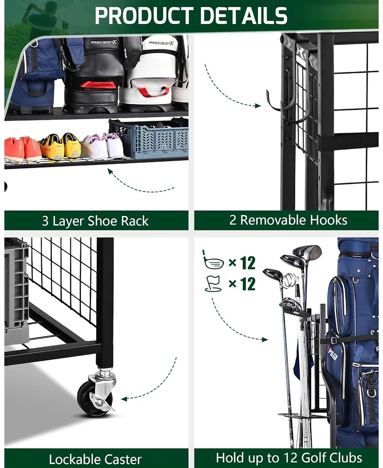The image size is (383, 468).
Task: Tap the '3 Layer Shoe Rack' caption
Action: (95, 221)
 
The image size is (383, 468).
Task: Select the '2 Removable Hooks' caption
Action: (288, 220)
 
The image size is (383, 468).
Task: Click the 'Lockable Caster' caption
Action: (95, 459)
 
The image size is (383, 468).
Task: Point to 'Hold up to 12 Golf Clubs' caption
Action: (289, 457)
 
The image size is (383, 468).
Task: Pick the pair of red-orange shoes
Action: (22, 148)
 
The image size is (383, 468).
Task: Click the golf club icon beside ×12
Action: (213, 262)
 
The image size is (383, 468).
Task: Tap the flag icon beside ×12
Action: (213, 284)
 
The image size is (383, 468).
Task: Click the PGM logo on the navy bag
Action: (331, 353)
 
